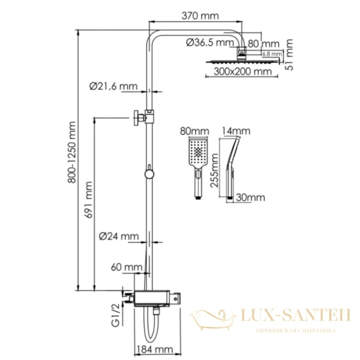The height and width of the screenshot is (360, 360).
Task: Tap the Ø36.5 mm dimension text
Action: click(x=209, y=43)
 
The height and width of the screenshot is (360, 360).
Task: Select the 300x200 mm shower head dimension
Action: click(x=237, y=72)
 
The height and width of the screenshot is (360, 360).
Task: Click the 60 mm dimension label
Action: click(x=128, y=267)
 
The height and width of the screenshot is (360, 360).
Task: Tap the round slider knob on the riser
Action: click(x=148, y=175)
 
